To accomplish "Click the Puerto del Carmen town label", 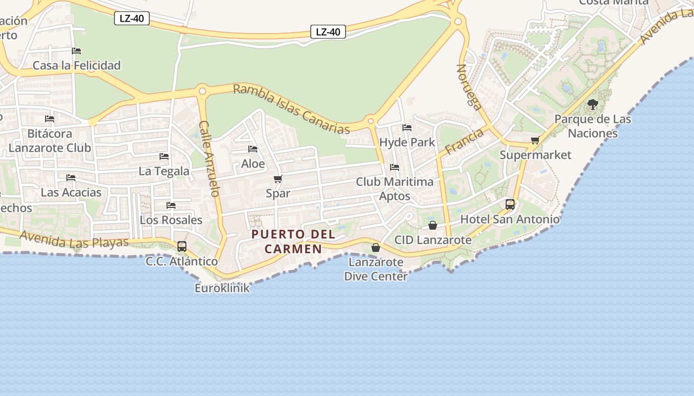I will (x=293, y=241).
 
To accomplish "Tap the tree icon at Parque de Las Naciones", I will (x=592, y=104).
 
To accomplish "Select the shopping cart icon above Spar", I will (x=278, y=179).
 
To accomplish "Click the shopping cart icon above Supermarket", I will (x=535, y=141).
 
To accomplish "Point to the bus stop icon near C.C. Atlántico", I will (x=182, y=246).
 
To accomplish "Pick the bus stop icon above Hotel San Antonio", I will (x=510, y=204).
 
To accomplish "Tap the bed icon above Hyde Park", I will (x=407, y=128).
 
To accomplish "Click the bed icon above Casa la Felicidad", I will (x=76, y=51).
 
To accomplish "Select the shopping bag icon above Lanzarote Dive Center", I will (x=376, y=247).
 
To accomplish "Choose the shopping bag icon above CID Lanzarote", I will (x=433, y=225).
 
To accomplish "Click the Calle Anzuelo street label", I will (x=209, y=158).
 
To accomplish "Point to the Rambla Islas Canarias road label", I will (x=291, y=109).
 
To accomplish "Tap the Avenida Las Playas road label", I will (x=74, y=240).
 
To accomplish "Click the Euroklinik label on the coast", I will (x=222, y=288).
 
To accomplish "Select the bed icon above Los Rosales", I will (x=171, y=205).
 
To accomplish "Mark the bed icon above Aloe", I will (x=253, y=149).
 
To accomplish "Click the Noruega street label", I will (x=469, y=87).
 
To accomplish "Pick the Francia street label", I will (x=464, y=142).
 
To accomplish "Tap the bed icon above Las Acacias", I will (x=71, y=178).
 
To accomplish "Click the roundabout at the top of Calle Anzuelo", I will (x=202, y=91).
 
